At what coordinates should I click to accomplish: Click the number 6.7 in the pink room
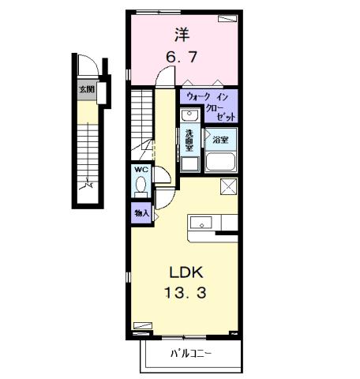click(x=181, y=57)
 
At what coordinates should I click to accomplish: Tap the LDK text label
click(x=187, y=272)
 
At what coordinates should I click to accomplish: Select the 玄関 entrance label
click(x=85, y=89)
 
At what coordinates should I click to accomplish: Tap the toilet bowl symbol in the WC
click(x=141, y=186)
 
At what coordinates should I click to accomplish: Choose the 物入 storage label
click(x=141, y=212)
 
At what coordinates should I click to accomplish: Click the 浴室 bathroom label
click(x=221, y=139)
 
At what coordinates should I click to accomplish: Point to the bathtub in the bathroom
click(x=220, y=162)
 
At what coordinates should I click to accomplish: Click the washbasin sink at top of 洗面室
click(x=189, y=116)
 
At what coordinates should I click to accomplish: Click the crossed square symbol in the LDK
click(x=229, y=186)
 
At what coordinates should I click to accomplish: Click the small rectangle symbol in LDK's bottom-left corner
click(x=142, y=325)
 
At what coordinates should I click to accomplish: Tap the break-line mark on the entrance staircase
click(x=89, y=187)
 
